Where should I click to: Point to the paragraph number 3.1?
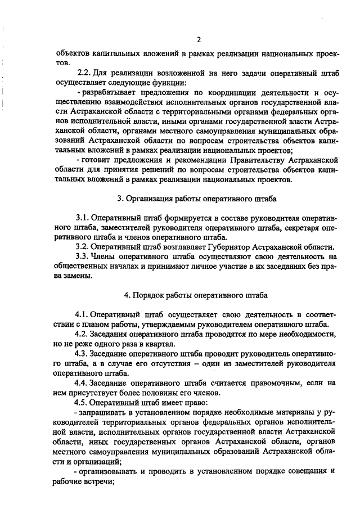(82, 218)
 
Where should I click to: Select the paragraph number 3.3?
(82, 256)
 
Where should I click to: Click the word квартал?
(163, 343)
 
